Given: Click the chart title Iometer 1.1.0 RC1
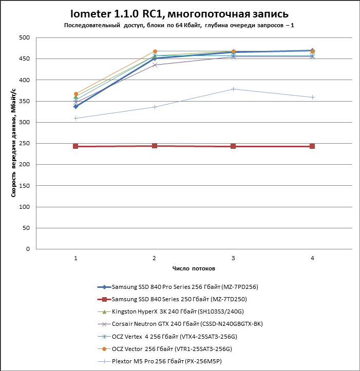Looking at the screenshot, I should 179,13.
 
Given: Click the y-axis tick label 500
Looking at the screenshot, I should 24,38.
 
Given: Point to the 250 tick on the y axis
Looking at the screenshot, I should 24,144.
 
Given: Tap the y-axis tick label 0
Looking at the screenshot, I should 28,249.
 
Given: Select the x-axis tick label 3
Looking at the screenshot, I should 234,258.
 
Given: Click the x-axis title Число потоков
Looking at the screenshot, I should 194,269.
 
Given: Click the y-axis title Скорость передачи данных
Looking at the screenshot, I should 13,144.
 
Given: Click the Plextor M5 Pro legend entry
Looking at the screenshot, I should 169,361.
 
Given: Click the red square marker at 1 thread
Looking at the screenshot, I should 75,146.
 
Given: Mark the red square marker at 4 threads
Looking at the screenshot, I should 312,146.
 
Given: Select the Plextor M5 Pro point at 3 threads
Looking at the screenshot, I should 234,89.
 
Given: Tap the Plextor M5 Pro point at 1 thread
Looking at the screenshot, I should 75,118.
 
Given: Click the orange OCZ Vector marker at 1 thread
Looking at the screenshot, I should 75,94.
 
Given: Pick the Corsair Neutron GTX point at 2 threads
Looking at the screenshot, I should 155,65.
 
